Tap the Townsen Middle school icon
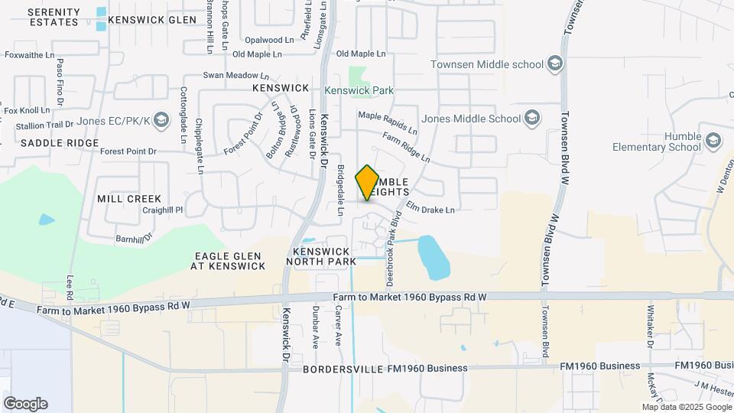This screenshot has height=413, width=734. pyautogui.click(x=556, y=64)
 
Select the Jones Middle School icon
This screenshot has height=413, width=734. pyautogui.click(x=533, y=119)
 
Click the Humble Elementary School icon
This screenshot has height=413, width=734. pyautogui.click(x=713, y=140)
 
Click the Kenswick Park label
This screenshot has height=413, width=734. pyautogui.click(x=359, y=90)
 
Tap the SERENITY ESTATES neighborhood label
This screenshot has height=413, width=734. pyautogui.click(x=54, y=17)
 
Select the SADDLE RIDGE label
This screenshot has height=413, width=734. pyautogui.click(x=60, y=143)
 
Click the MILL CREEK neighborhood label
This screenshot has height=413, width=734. pyautogui.click(x=129, y=199)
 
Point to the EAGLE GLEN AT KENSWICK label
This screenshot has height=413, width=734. pyautogui.click(x=229, y=261)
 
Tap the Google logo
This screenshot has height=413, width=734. pyautogui.click(x=25, y=403)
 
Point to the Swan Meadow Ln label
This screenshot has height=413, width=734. pyautogui.click(x=235, y=76)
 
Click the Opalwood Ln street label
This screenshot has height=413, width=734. pyautogui.click(x=269, y=40)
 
